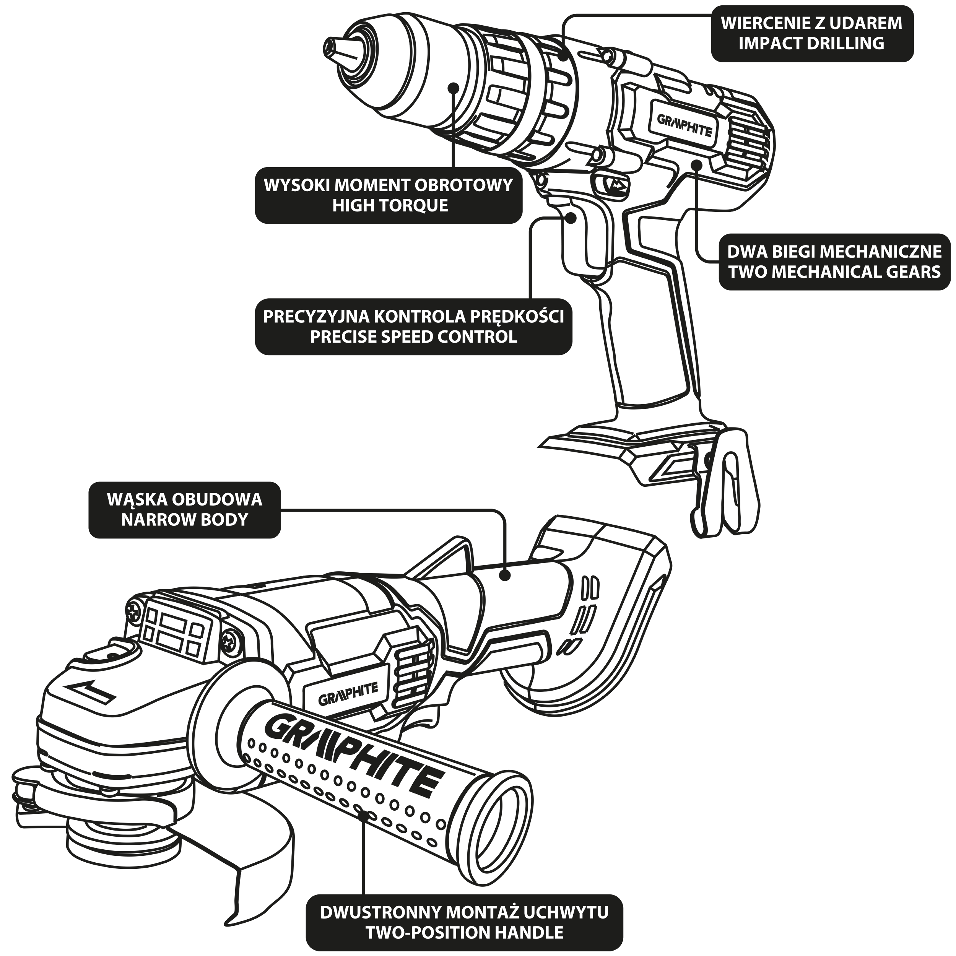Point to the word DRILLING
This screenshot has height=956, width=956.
(x=845, y=44)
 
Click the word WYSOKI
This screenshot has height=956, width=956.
(x=297, y=185)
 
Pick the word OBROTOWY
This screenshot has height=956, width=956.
(x=463, y=185)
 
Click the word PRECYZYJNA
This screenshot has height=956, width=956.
(x=316, y=317)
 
